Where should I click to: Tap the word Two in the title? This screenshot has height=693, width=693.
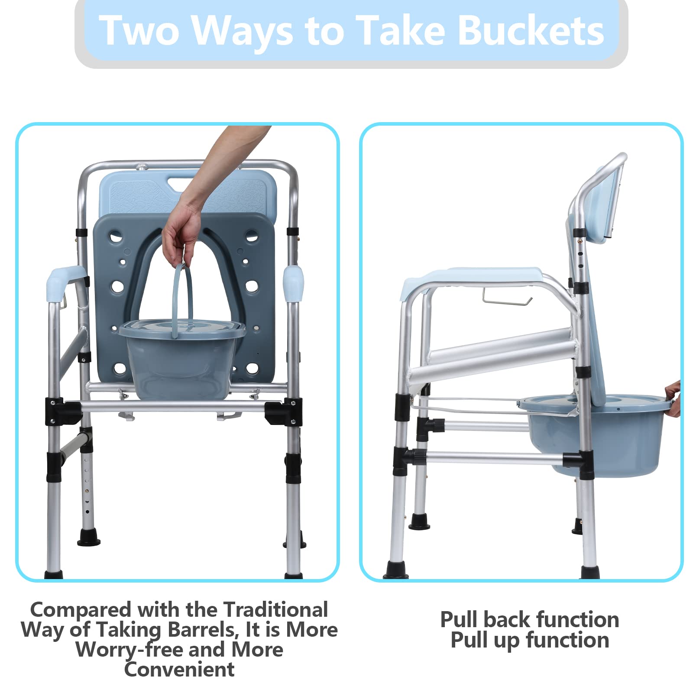point(139,30)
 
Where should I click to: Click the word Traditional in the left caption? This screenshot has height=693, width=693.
point(276,610)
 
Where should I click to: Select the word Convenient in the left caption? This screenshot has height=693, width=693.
point(179,670)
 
